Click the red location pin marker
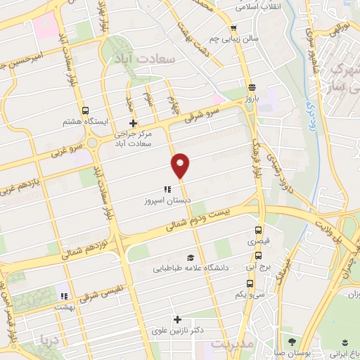[181, 165]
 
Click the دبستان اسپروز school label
[163, 200]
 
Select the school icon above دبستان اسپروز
[167, 189]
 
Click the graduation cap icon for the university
[191, 257]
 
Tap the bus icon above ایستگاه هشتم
[85, 110]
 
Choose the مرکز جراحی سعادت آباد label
[133, 138]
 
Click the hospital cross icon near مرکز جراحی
[133, 123]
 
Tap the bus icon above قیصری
[257, 230]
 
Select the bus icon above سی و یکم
[250, 283]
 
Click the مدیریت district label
[229, 345]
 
